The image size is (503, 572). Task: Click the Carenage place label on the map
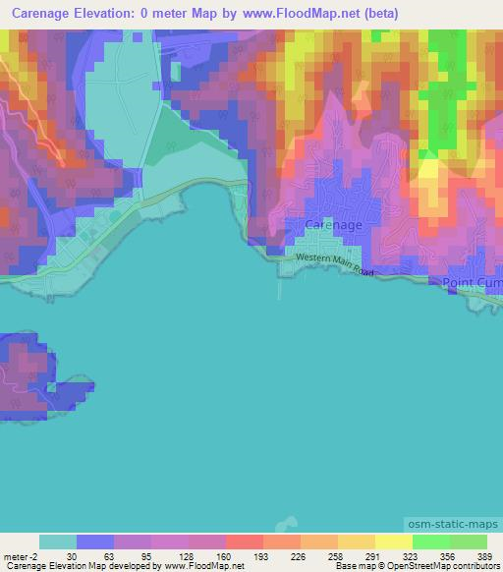click(334, 225)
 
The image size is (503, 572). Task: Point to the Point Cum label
click(473, 283)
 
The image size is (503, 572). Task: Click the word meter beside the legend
click(14, 556)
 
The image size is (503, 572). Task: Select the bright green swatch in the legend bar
click(431, 542)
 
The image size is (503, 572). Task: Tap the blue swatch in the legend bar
click(95, 542)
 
